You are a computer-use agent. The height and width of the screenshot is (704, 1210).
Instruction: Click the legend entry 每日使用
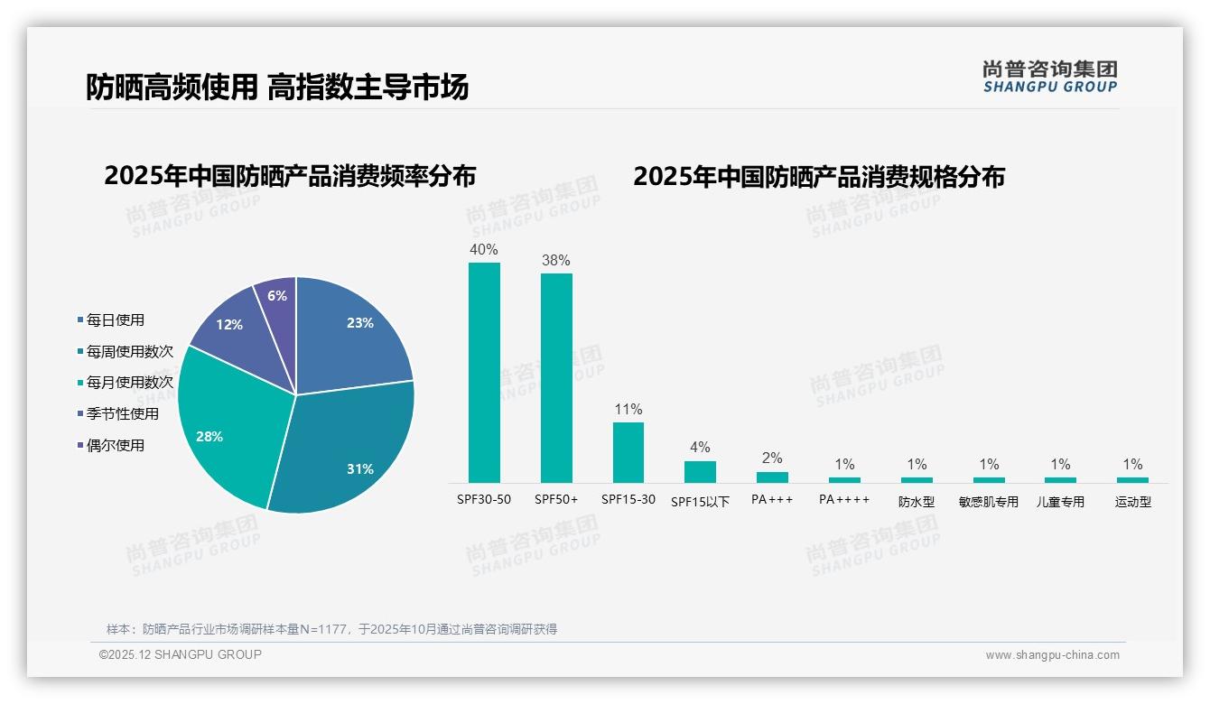click(x=115, y=320)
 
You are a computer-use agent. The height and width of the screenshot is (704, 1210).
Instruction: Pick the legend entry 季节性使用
click(x=122, y=414)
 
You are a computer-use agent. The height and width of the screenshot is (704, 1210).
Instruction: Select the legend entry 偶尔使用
click(x=115, y=446)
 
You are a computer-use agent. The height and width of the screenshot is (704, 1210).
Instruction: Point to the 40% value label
click(x=484, y=249)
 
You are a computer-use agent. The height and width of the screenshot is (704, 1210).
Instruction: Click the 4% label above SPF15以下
click(x=700, y=447)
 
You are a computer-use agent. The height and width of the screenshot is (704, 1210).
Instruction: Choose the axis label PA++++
click(x=844, y=499)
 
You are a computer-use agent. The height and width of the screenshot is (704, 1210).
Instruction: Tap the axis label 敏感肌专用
click(x=989, y=502)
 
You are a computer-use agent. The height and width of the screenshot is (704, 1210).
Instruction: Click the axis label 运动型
click(x=1133, y=502)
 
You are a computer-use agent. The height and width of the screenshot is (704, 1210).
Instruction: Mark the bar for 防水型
click(x=917, y=479)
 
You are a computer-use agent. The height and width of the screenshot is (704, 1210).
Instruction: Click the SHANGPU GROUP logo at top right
click(x=1050, y=77)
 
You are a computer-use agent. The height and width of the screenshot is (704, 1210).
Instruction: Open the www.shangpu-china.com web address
click(x=1052, y=655)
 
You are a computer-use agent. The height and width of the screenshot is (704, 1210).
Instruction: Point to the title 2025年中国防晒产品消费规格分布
click(x=819, y=176)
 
